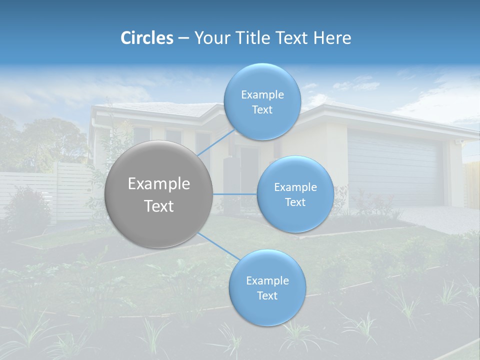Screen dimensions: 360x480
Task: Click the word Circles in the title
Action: coord(146,38)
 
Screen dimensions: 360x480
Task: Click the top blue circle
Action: coord(262,80)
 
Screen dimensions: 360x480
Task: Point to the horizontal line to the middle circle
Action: coord(234,194)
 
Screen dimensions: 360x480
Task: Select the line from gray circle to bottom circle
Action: coord(219,246)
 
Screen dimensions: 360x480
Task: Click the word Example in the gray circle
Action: coord(159,184)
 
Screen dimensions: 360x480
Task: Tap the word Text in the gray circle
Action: coord(159,206)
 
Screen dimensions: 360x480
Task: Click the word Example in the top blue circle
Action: coord(262,95)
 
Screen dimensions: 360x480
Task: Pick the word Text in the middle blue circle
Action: coord(295,202)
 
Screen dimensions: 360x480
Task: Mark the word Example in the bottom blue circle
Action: coord(267,281)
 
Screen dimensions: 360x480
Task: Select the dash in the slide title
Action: coord(183,38)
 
